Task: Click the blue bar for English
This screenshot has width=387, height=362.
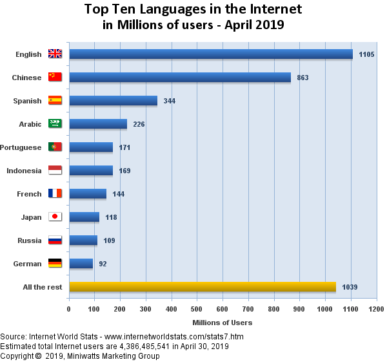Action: point(210,54)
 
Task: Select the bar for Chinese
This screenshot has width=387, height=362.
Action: point(180,78)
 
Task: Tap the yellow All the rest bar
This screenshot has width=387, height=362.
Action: point(202,287)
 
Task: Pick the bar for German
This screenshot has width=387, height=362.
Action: point(81,264)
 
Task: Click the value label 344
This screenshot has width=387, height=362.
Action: point(170,101)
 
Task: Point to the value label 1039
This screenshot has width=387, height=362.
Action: point(350,287)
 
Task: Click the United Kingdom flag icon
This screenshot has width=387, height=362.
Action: point(55,54)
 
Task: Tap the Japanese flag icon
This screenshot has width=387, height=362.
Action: point(55,217)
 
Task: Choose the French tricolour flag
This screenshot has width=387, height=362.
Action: point(55,194)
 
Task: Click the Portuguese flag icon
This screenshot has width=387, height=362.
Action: point(55,147)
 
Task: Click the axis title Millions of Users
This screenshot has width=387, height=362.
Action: point(223,322)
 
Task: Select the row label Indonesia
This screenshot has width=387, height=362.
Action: point(24,171)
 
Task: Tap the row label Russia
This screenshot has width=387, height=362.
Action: point(29,240)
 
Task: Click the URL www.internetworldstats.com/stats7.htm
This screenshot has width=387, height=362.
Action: point(174,337)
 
